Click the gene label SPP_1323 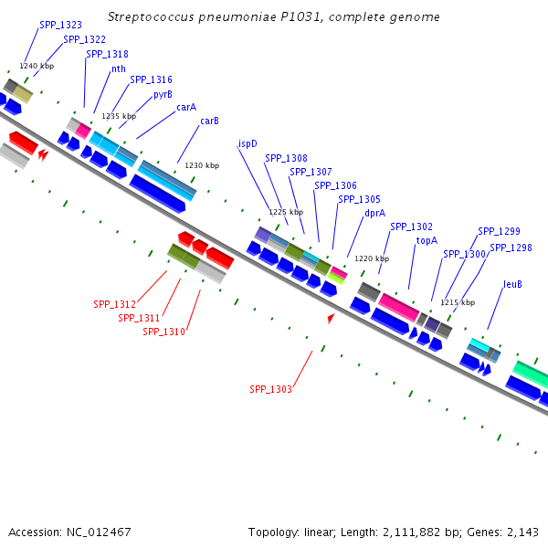click(x=60, y=26)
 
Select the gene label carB click(x=209, y=121)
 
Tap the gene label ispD click(x=248, y=143)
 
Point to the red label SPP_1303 click(x=270, y=389)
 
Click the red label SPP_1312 click(x=114, y=304)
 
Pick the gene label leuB click(x=513, y=284)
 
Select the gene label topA click(x=427, y=241)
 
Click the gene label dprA click(x=374, y=213)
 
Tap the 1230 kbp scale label click(x=202, y=165)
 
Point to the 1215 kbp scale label click(x=458, y=302)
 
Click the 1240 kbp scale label click(x=37, y=66)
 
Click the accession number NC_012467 click(x=100, y=532)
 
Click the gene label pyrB click(x=163, y=94)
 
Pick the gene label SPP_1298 click(x=511, y=248)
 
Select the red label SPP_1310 click(x=163, y=332)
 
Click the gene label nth click(x=119, y=68)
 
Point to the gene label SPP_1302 click(x=411, y=227)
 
